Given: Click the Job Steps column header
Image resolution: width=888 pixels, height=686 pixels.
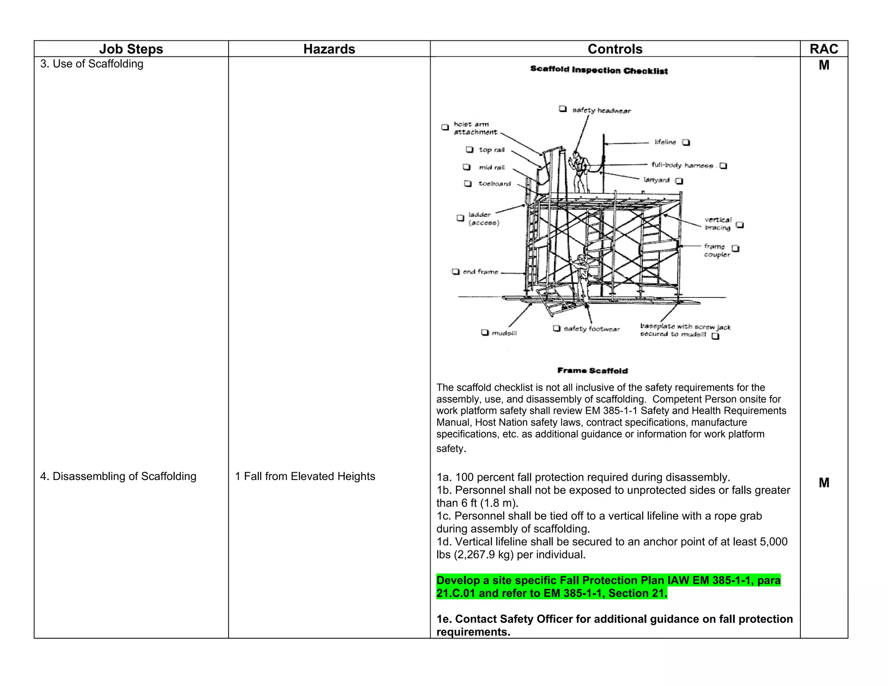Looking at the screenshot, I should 131,49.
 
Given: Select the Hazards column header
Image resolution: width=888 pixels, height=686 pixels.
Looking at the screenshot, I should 329,49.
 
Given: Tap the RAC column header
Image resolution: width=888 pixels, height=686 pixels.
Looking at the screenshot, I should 823,49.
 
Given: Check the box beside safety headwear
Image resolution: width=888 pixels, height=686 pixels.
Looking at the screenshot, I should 562,109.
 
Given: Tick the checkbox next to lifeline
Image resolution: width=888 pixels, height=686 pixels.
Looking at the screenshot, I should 686,142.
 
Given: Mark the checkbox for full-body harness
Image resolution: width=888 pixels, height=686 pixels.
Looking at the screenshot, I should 723,166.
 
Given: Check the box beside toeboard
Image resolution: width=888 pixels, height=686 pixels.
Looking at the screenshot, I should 467,183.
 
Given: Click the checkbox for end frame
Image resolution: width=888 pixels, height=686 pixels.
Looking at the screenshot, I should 455,271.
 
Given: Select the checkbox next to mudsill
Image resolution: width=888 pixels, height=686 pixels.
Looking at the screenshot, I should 485,333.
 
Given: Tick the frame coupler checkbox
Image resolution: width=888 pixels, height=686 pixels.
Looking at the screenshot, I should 735,248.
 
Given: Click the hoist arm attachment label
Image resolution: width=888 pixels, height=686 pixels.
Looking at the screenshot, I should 475,128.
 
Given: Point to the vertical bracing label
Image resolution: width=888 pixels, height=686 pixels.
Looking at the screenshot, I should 718,223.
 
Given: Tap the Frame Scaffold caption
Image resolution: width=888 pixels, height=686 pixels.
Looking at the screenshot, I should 592,371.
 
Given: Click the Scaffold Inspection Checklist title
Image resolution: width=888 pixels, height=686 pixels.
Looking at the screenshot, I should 599,70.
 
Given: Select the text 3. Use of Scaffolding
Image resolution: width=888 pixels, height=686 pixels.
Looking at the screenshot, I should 91,64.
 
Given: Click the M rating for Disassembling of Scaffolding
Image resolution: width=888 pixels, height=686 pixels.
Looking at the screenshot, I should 824,483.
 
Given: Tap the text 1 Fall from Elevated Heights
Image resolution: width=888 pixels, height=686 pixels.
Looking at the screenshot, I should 305,476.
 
